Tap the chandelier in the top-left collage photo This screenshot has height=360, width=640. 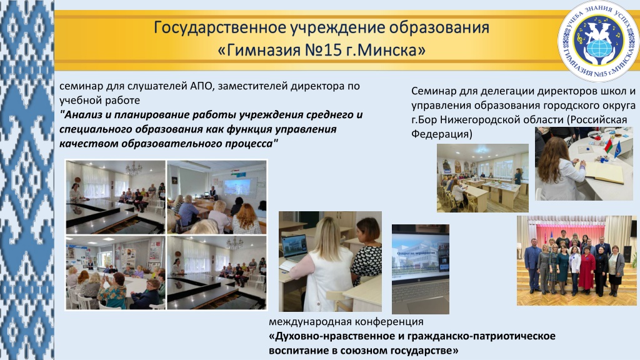tap(134, 167)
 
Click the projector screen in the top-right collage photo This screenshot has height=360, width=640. tap(237, 187)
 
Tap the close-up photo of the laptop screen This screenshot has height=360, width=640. tap(421, 269)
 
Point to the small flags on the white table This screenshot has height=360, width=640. tap(612, 146)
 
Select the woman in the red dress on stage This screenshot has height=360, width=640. tap(586, 269)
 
